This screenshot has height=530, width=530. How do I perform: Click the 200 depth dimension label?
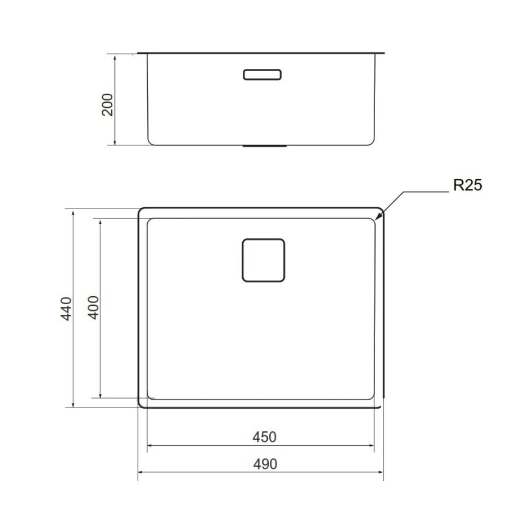click(x=108, y=104)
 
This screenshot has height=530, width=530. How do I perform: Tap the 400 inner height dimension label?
click(x=93, y=307)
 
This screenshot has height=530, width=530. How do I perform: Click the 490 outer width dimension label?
click(x=263, y=464)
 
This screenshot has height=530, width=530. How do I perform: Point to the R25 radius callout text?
click(x=467, y=185)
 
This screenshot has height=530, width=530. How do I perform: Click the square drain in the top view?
click(x=263, y=260)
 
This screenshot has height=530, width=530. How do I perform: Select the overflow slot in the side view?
click(x=262, y=75)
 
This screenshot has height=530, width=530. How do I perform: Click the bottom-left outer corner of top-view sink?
click(x=141, y=405)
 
